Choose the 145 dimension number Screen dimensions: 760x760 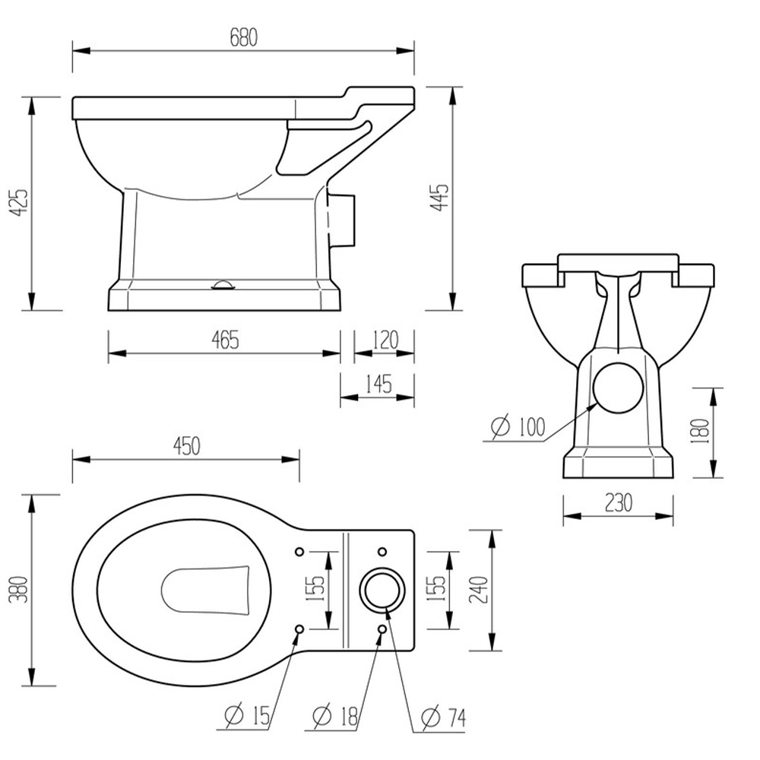[377, 384]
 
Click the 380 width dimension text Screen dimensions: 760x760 [21, 589]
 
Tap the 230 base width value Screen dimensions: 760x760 [617, 502]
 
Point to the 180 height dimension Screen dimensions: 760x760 [701, 432]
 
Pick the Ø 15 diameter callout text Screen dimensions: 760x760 [247, 714]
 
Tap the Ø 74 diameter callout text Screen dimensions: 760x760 [443, 715]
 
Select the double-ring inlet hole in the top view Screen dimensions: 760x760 [382, 590]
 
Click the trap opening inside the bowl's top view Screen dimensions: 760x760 [207, 590]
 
